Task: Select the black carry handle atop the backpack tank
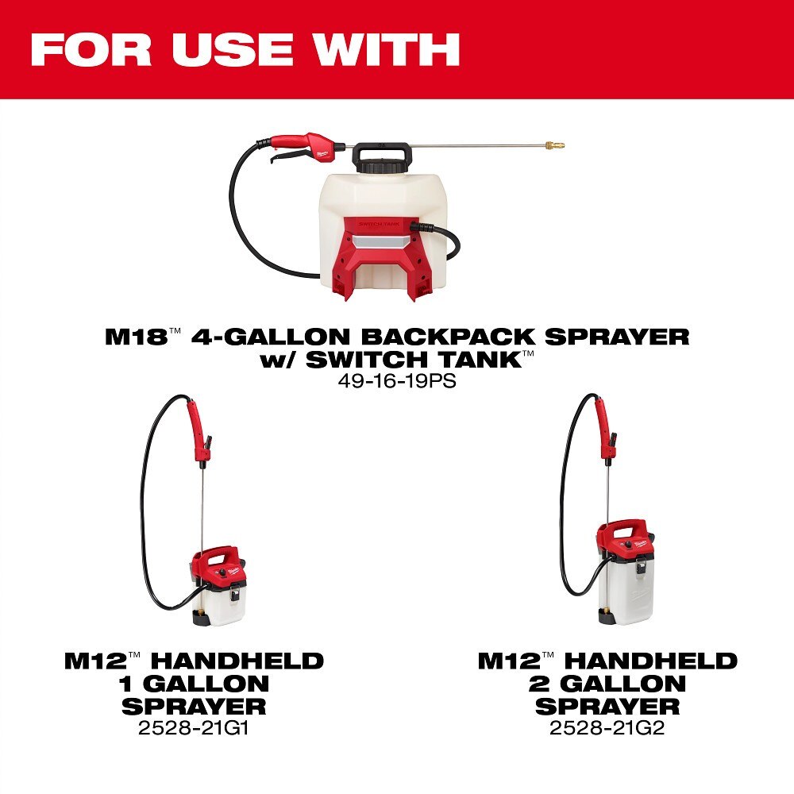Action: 384,151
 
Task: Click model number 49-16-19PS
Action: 397,380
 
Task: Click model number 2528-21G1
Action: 194,727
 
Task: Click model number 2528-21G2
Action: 607,727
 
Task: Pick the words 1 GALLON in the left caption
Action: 195,683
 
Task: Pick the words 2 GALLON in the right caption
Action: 607,683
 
